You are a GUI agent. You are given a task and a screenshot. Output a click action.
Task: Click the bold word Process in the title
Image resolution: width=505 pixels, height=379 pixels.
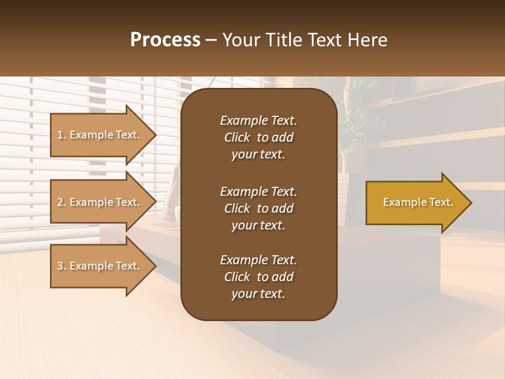coord(165,40)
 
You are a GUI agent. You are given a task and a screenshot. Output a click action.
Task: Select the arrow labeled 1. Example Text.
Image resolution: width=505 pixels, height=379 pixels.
coord(100,135)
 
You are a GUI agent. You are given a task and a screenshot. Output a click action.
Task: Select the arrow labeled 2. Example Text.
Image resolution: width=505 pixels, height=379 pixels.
coord(100,202)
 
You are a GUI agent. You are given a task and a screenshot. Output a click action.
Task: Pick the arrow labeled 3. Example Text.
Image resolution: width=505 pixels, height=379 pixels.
coord(100,266)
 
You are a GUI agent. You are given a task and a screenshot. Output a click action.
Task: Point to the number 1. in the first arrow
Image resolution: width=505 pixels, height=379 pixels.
coord(62,135)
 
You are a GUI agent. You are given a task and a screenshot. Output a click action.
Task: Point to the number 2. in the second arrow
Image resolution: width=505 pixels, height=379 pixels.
coord(62,202)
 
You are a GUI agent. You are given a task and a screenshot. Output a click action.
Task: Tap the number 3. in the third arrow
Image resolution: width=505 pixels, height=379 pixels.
coord(62,266)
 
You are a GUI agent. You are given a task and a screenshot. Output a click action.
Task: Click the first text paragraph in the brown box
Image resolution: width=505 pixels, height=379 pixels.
coord(258,137)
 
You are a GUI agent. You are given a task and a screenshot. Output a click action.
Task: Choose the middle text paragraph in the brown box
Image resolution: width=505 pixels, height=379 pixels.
coord(258,208)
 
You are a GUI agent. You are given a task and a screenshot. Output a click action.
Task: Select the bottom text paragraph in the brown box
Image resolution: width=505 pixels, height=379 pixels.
coord(258,277)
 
